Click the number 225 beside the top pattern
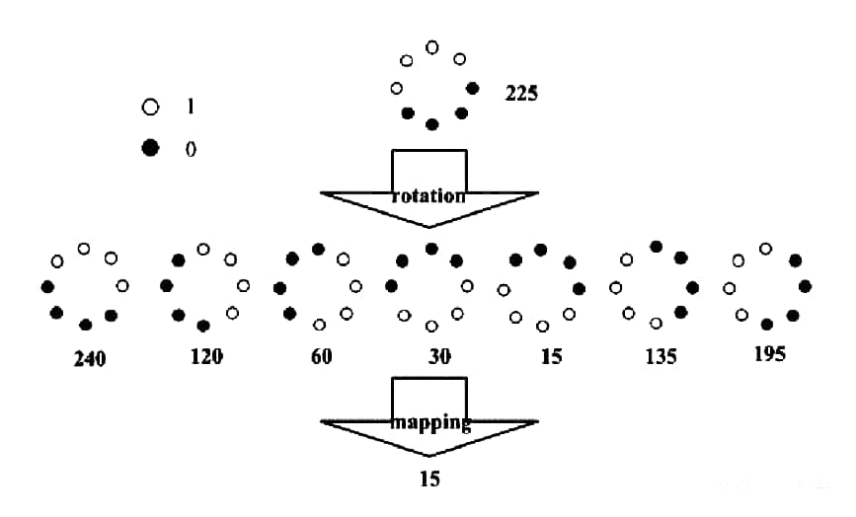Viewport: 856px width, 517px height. tap(520, 95)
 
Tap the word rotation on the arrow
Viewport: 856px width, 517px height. tap(428, 196)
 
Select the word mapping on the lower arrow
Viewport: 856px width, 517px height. tap(429, 423)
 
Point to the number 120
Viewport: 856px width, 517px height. tap(206, 355)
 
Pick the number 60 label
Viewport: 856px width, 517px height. tap(322, 356)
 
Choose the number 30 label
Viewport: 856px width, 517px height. tap(439, 356)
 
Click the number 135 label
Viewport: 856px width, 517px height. tap(661, 356)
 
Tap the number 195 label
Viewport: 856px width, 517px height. tap(768, 354)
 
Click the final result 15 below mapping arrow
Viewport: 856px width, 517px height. tap(428, 480)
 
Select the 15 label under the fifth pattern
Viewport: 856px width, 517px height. tap(551, 356)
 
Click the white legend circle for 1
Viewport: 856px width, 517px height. tap(150, 106)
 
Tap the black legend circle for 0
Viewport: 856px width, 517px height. tap(150, 148)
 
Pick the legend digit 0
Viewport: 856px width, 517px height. tap(190, 149)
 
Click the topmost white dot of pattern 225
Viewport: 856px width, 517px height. tap(431, 46)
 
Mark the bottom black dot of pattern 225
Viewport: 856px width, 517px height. tap(431, 124)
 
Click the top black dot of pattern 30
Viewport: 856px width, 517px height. tap(431, 249)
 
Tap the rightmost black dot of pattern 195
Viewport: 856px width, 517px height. tap(806, 286)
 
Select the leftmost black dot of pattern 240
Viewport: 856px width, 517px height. tap(46, 286)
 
